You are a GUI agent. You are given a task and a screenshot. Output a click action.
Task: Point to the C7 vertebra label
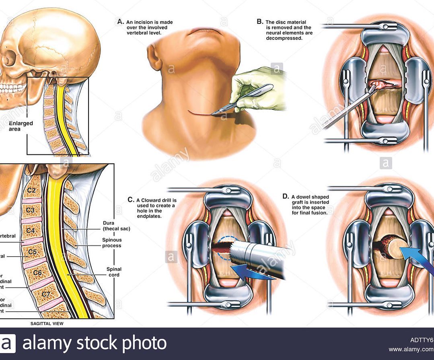click(x=46, y=294)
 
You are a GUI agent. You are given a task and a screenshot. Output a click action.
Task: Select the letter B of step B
click(x=260, y=22)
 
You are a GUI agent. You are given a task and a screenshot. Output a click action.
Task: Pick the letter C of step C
click(x=131, y=200)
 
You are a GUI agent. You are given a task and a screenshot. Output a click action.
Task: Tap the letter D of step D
click(x=285, y=196)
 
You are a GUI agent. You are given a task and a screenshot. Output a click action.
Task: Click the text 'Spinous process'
click(x=112, y=243)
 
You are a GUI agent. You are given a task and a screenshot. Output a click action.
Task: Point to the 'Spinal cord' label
click(x=114, y=272)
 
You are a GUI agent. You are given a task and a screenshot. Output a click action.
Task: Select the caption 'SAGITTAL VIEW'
click(x=47, y=323)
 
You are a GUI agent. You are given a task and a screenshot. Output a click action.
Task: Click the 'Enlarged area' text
click(x=21, y=126)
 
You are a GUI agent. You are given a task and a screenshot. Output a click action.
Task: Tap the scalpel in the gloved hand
click(x=245, y=97)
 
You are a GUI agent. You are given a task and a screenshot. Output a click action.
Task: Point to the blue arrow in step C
click(x=253, y=272)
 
